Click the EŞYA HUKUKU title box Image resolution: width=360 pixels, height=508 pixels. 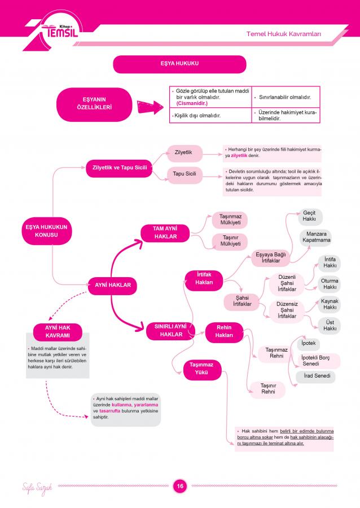(179, 64)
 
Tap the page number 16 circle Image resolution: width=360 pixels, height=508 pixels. (180, 485)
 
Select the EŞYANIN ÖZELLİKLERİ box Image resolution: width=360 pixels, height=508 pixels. (94, 104)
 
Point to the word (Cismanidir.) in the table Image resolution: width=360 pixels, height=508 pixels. (192, 103)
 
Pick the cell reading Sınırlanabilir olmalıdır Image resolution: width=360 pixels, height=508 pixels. (285, 97)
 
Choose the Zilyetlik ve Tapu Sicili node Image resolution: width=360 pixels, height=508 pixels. (119, 168)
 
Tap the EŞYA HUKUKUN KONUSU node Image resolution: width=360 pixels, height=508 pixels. (47, 231)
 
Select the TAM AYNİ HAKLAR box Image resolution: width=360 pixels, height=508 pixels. (165, 233)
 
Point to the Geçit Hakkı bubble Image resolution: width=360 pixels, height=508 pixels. (309, 216)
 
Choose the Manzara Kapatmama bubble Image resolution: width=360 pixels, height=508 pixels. (317, 238)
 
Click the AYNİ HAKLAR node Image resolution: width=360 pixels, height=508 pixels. (113, 286)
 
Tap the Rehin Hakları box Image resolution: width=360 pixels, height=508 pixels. (224, 331)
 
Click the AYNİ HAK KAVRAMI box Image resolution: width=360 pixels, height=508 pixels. (58, 332)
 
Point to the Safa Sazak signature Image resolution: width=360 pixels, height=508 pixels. (37, 488)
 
